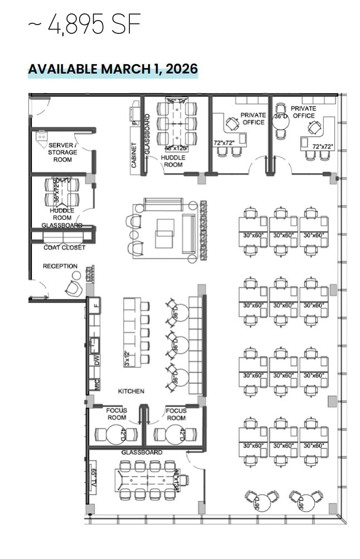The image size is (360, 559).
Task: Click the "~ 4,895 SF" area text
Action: click(84, 25)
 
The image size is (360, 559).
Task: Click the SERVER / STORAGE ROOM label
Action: click(62, 152)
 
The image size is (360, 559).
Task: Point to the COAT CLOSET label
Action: click(65, 247)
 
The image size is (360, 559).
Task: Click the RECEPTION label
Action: click(60, 266)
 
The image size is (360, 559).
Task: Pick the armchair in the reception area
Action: click(72, 288)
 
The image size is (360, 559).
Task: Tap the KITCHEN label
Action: click(131, 391)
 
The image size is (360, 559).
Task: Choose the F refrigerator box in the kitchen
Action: click(96, 305)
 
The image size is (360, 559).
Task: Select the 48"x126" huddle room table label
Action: click(176, 148)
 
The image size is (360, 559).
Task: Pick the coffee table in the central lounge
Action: click(164, 233)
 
